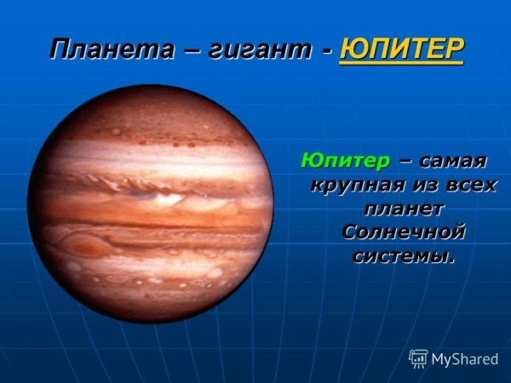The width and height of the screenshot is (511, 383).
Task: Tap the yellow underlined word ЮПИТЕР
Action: click(x=402, y=48)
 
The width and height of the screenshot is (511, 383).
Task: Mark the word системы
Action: click(x=399, y=255)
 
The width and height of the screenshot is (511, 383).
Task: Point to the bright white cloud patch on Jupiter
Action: click(x=167, y=198)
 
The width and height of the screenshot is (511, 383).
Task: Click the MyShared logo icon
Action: click(x=418, y=357)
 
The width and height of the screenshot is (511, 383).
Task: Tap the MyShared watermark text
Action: click(x=465, y=359)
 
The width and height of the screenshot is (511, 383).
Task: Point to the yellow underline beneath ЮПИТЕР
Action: click(x=402, y=63)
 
